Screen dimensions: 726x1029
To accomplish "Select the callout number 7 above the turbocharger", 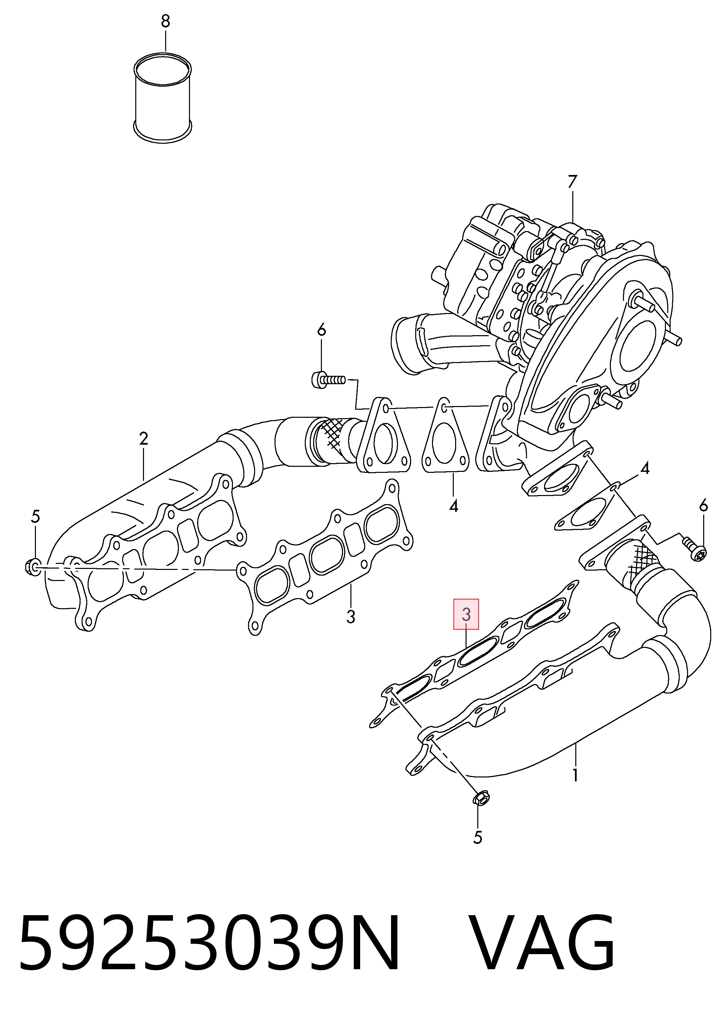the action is click(572, 181).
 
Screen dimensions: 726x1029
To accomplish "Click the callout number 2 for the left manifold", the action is click(143, 438).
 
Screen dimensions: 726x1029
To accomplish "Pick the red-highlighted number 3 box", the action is click(466, 614).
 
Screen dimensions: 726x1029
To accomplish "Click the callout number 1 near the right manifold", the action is click(575, 774).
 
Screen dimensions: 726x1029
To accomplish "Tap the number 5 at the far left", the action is click(35, 517).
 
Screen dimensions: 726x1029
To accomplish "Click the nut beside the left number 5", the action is click(33, 567).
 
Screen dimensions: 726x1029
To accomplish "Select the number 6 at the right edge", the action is click(703, 506).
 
